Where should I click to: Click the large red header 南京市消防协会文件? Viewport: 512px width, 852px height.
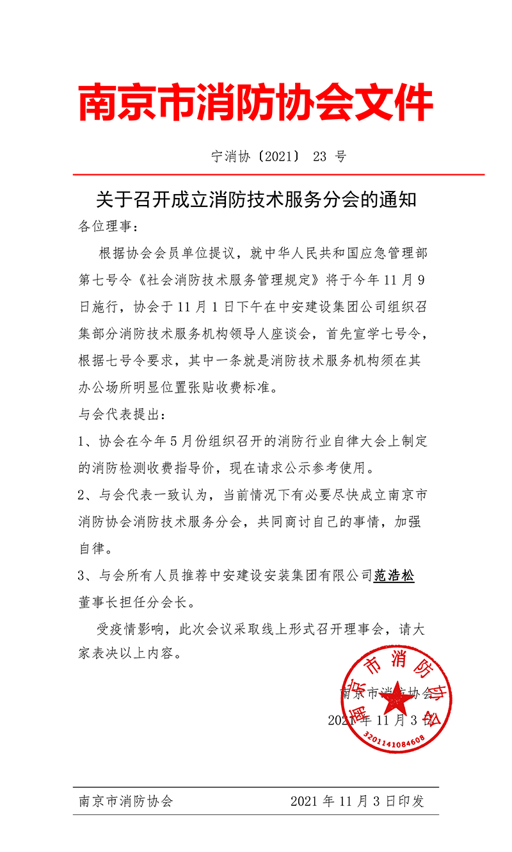(256, 102)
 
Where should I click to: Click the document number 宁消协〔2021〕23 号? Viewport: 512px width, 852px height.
(278, 156)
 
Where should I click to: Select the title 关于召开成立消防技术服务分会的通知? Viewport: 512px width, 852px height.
(256, 199)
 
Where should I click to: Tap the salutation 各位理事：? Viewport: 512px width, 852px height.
(108, 226)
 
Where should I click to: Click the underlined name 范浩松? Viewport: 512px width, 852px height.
(394, 576)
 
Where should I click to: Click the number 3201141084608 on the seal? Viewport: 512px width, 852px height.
(394, 739)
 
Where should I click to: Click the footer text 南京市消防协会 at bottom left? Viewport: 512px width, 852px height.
(125, 801)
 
